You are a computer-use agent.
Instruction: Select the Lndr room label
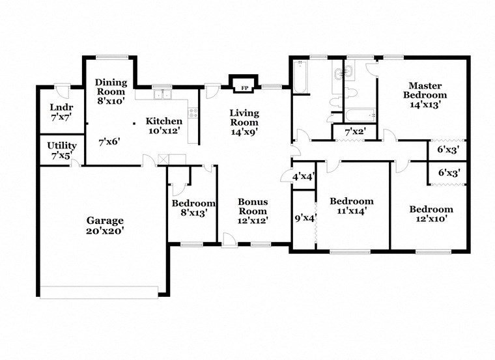pyautogui.click(x=61, y=107)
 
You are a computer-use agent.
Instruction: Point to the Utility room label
pyautogui.click(x=61, y=145)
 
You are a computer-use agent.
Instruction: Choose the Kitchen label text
pyautogui.click(x=163, y=121)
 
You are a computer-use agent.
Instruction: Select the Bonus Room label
pyautogui.click(x=252, y=206)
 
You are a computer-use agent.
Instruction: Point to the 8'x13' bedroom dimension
pyautogui.click(x=193, y=213)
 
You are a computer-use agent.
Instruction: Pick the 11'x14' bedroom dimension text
pyautogui.click(x=350, y=211)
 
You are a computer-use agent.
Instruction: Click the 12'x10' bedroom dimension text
pyautogui.click(x=431, y=219)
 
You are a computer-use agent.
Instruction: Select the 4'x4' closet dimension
pyautogui.click(x=304, y=176)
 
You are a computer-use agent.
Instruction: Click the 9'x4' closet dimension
pyautogui.click(x=304, y=218)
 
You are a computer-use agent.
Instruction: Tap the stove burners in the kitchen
pyautogui.click(x=192, y=113)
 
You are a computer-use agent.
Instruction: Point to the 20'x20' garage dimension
pyautogui.click(x=105, y=230)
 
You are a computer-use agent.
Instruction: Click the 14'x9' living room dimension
pyautogui.click(x=244, y=132)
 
